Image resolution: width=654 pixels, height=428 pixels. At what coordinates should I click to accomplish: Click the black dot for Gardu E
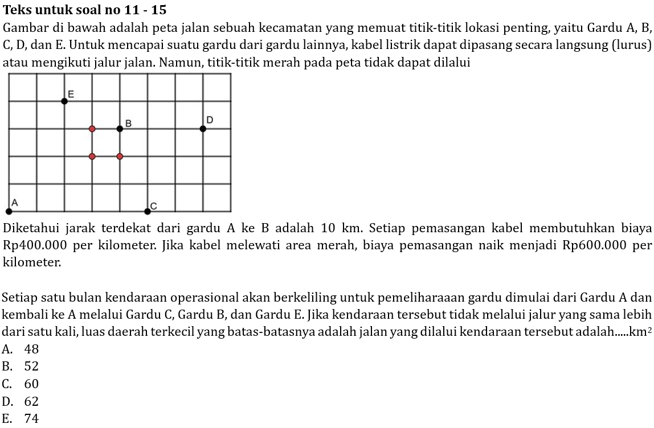(x=64, y=101)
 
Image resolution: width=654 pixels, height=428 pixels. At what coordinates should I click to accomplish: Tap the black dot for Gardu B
(x=120, y=129)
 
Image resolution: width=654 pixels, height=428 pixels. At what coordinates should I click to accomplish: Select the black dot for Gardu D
(x=203, y=129)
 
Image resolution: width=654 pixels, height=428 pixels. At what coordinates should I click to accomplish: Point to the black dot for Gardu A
(x=9, y=211)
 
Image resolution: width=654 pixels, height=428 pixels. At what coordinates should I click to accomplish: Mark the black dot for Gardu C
(x=148, y=211)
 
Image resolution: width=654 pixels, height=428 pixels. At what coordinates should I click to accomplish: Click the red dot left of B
(x=92, y=129)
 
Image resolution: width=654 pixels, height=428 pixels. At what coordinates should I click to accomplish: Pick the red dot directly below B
(x=120, y=156)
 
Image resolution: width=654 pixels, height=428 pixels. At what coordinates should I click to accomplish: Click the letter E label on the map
(x=71, y=93)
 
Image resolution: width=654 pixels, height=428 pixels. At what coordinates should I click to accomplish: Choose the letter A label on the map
(x=15, y=203)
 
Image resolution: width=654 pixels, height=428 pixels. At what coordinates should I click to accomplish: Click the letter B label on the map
(x=128, y=123)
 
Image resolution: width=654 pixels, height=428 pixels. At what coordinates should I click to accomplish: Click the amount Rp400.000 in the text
(x=35, y=246)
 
